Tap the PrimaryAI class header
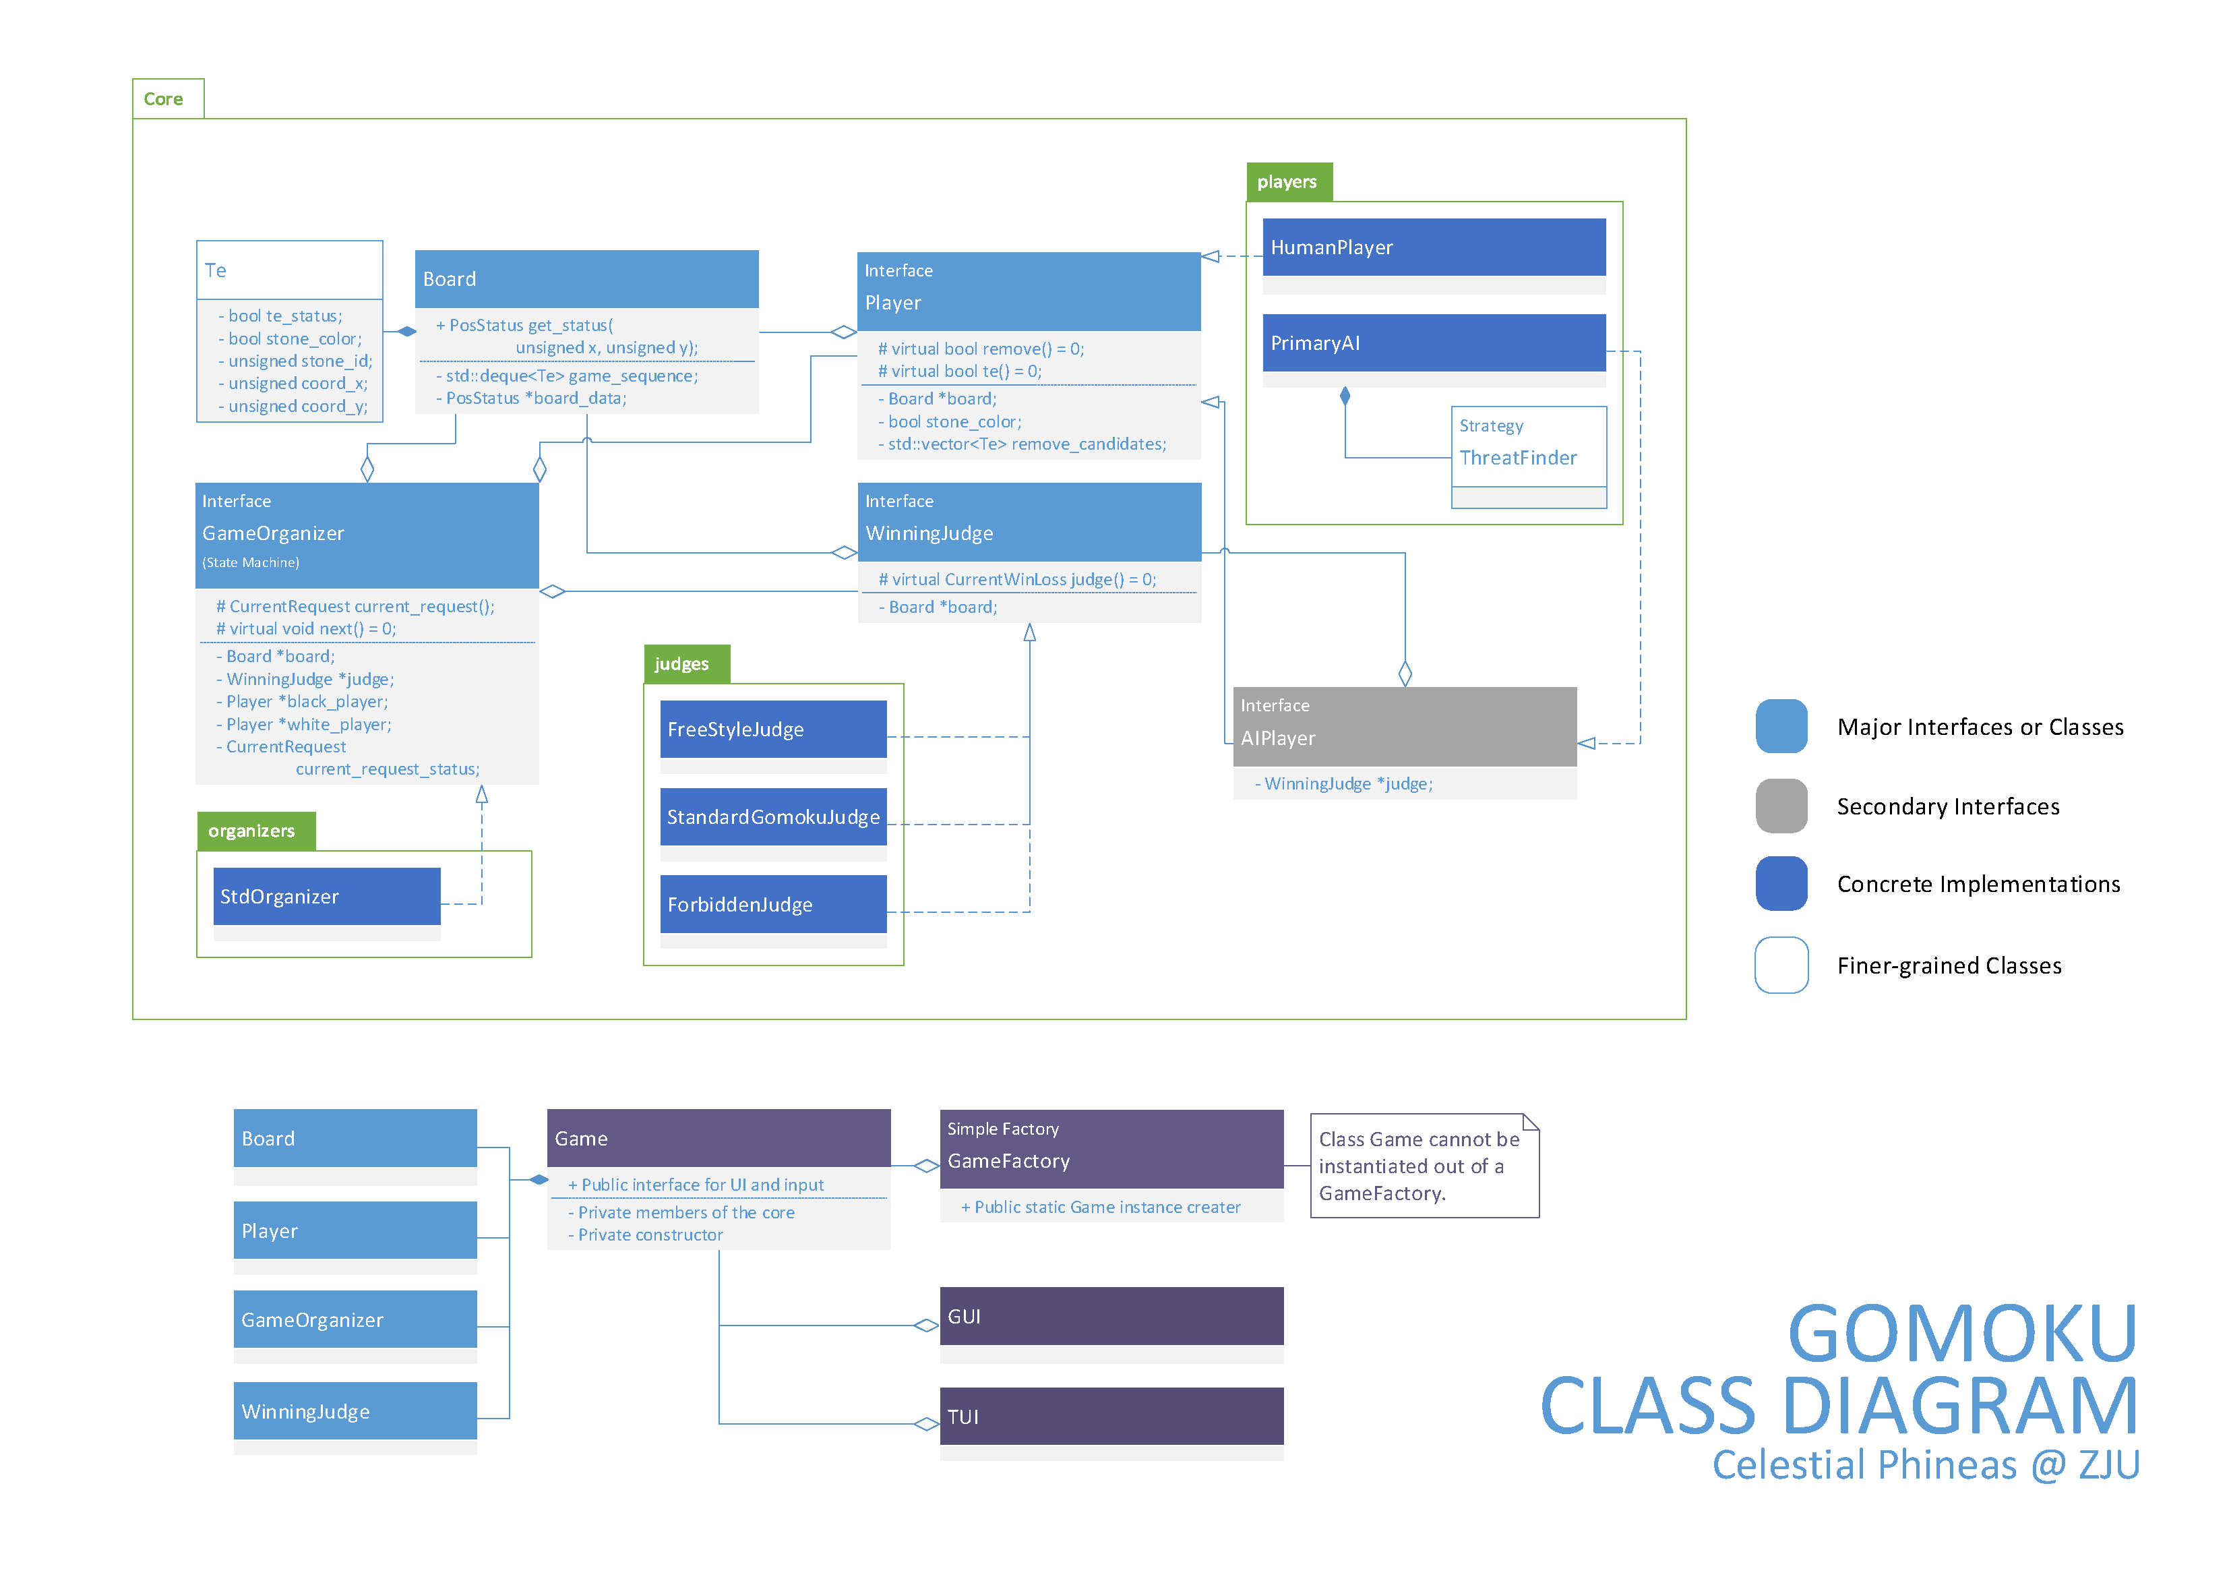[1433, 343]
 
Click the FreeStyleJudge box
[773, 730]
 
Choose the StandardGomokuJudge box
[773, 816]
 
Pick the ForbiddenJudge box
[773, 904]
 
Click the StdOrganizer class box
[326, 896]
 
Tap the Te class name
[216, 271]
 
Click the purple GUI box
[1111, 1316]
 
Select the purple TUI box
[1111, 1416]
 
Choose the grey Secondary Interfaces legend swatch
[1781, 806]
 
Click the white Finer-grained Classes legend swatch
[1781, 965]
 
